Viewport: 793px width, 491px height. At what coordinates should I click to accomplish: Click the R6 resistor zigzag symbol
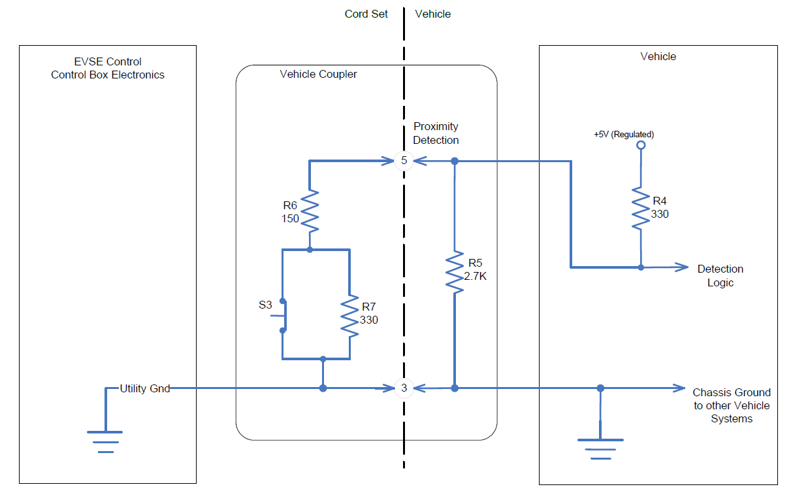310,211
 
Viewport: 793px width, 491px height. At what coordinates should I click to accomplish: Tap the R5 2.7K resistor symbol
454,271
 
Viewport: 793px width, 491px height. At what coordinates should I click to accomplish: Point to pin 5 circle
404,160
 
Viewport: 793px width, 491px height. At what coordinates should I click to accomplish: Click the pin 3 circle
404,388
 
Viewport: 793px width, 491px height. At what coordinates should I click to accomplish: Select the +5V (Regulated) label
624,135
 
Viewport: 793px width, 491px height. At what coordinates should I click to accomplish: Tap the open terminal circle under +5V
641,146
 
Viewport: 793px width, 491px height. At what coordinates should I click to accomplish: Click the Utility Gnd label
144,388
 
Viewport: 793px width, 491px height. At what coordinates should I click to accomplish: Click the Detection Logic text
720,276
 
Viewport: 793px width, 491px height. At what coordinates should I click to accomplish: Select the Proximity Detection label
436,133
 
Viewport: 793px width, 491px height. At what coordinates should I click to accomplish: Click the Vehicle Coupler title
318,75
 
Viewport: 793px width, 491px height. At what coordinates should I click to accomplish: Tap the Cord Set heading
366,14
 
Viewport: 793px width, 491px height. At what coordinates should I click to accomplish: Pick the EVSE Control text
108,62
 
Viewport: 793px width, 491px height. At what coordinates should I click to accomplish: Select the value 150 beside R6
289,218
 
